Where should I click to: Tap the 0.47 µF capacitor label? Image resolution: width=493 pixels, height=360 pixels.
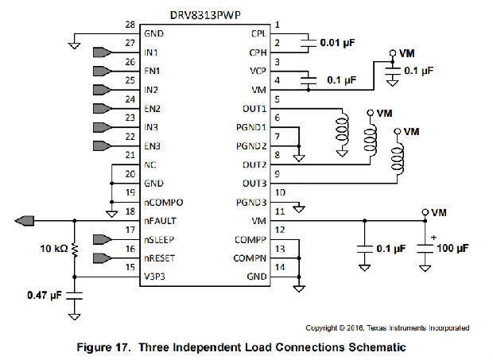pos(44,296)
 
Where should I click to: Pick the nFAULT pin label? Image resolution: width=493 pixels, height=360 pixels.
pos(160,221)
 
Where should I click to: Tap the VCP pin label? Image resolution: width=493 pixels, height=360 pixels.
pos(257,72)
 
